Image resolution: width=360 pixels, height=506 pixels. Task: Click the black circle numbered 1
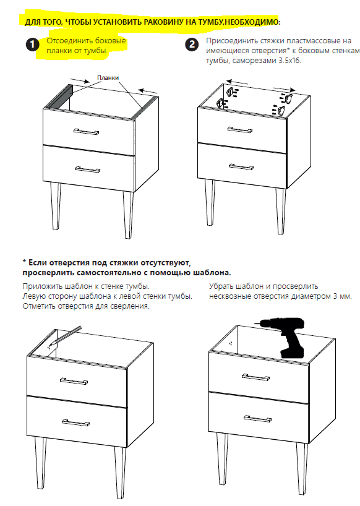pos(32,45)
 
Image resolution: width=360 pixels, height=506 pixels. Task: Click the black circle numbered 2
pos(192,45)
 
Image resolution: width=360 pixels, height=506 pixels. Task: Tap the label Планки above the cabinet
pos(108,78)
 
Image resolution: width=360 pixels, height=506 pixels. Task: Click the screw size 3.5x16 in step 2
pos(289,61)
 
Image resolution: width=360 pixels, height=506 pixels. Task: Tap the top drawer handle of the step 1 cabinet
pos(86,132)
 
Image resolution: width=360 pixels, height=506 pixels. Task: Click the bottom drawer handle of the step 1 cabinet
pos(87,169)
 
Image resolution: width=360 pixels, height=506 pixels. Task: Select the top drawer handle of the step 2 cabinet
pos(240,130)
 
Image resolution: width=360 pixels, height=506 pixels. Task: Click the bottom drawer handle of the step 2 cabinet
pos(241,166)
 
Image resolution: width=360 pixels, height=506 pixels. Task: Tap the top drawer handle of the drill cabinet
pos(256,377)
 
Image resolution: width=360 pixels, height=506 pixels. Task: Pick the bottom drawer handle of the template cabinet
pos(75,422)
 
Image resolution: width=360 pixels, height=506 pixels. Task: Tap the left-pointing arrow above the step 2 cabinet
pos(238,83)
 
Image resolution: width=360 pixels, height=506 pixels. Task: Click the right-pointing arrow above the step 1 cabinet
pos(79,80)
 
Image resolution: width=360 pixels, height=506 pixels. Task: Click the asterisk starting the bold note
pos(24,262)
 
